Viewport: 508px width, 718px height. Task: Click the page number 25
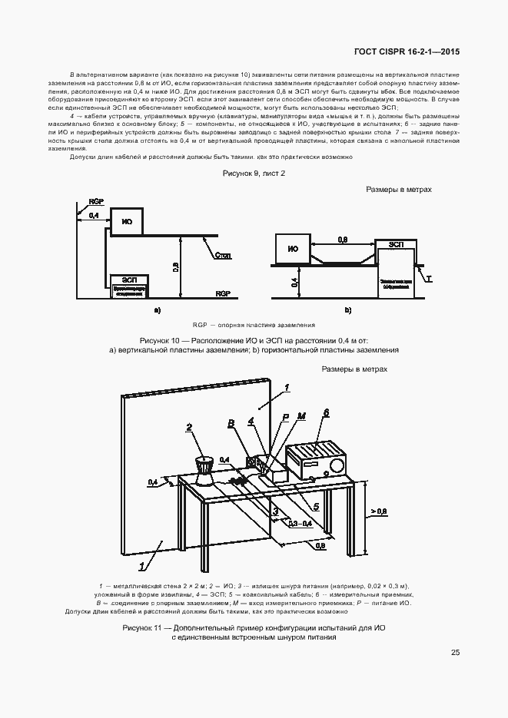click(456, 653)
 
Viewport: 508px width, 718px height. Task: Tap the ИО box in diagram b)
click(292, 248)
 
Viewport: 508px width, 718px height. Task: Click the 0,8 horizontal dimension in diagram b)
click(343, 240)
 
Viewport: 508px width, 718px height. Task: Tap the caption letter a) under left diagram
click(157, 310)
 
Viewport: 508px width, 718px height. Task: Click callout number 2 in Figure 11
click(188, 428)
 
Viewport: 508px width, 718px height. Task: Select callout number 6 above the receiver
click(326, 412)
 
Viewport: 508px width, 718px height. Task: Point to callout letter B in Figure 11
click(230, 423)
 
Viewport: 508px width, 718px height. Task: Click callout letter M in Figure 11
click(301, 416)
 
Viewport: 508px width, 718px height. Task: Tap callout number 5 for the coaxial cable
click(316, 507)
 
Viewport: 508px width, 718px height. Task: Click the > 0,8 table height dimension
click(378, 510)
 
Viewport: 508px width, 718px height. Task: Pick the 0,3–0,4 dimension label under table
click(300, 524)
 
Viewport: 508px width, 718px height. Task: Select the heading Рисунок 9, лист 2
click(254, 174)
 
